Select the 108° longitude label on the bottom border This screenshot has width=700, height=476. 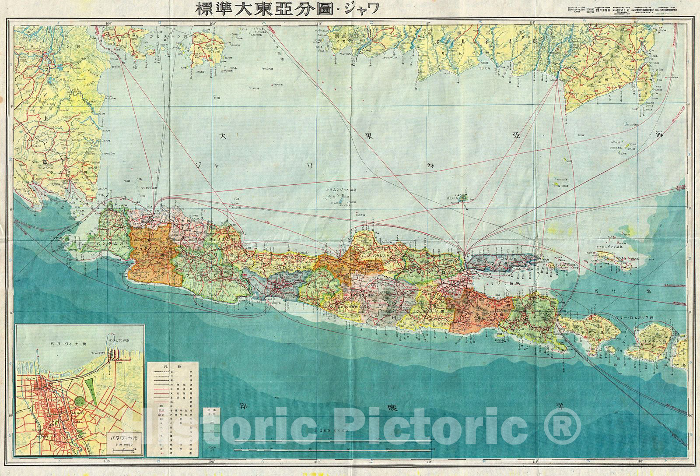pyautogui.click(x=213, y=462)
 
